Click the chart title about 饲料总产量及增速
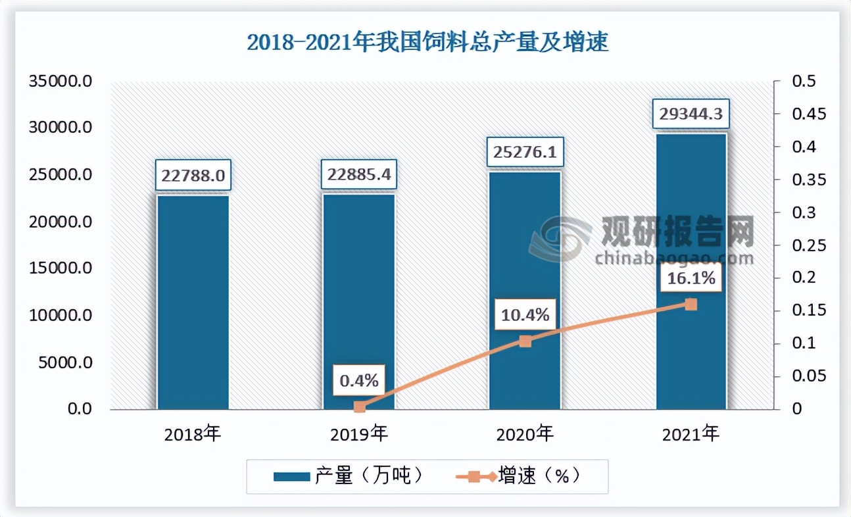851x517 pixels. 427,42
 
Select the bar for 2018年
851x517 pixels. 193,303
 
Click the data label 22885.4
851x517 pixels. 358,176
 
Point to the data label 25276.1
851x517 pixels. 525,153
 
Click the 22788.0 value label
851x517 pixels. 193,176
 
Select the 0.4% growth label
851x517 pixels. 359,380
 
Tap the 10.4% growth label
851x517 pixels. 525,316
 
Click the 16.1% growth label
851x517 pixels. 691,278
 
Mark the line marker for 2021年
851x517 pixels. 691,304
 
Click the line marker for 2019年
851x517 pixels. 359,407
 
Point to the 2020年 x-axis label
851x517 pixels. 525,434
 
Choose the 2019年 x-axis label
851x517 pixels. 359,434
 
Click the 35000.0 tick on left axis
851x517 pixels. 59,82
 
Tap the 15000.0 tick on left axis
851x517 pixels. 59,268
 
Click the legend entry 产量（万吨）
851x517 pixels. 348,476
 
